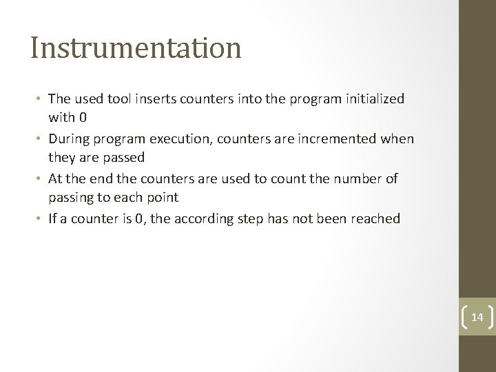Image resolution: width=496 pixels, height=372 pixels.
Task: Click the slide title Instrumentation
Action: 136,48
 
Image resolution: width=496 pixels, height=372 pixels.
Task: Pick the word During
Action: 71,139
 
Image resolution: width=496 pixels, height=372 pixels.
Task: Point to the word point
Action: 164,197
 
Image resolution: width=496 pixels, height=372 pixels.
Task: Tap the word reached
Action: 375,219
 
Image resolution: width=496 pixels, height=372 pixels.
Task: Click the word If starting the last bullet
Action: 53,219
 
